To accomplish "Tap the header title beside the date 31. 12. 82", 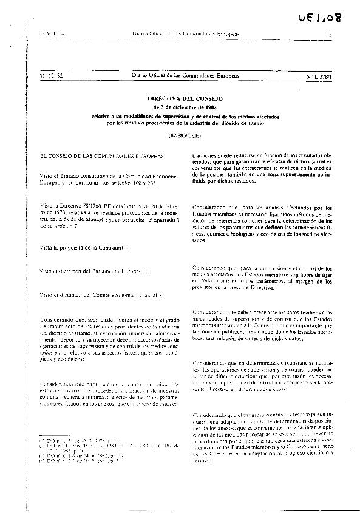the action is pyautogui.click(x=186, y=75).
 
